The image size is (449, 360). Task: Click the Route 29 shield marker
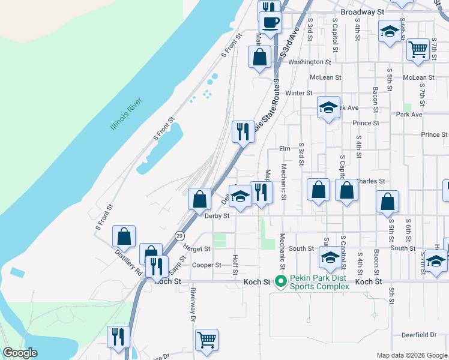point(179,236)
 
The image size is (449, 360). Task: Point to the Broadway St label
point(362,12)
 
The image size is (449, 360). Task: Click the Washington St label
point(310,62)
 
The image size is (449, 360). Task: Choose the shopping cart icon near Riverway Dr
point(207,340)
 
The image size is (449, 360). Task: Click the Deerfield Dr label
point(420,335)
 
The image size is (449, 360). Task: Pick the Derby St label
point(217,216)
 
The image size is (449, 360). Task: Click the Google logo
point(19,353)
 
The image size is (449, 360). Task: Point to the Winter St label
point(299,93)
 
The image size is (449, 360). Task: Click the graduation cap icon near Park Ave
point(328,107)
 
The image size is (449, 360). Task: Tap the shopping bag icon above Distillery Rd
point(124,236)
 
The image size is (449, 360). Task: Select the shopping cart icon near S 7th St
point(418,49)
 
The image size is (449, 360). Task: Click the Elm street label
point(285,149)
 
